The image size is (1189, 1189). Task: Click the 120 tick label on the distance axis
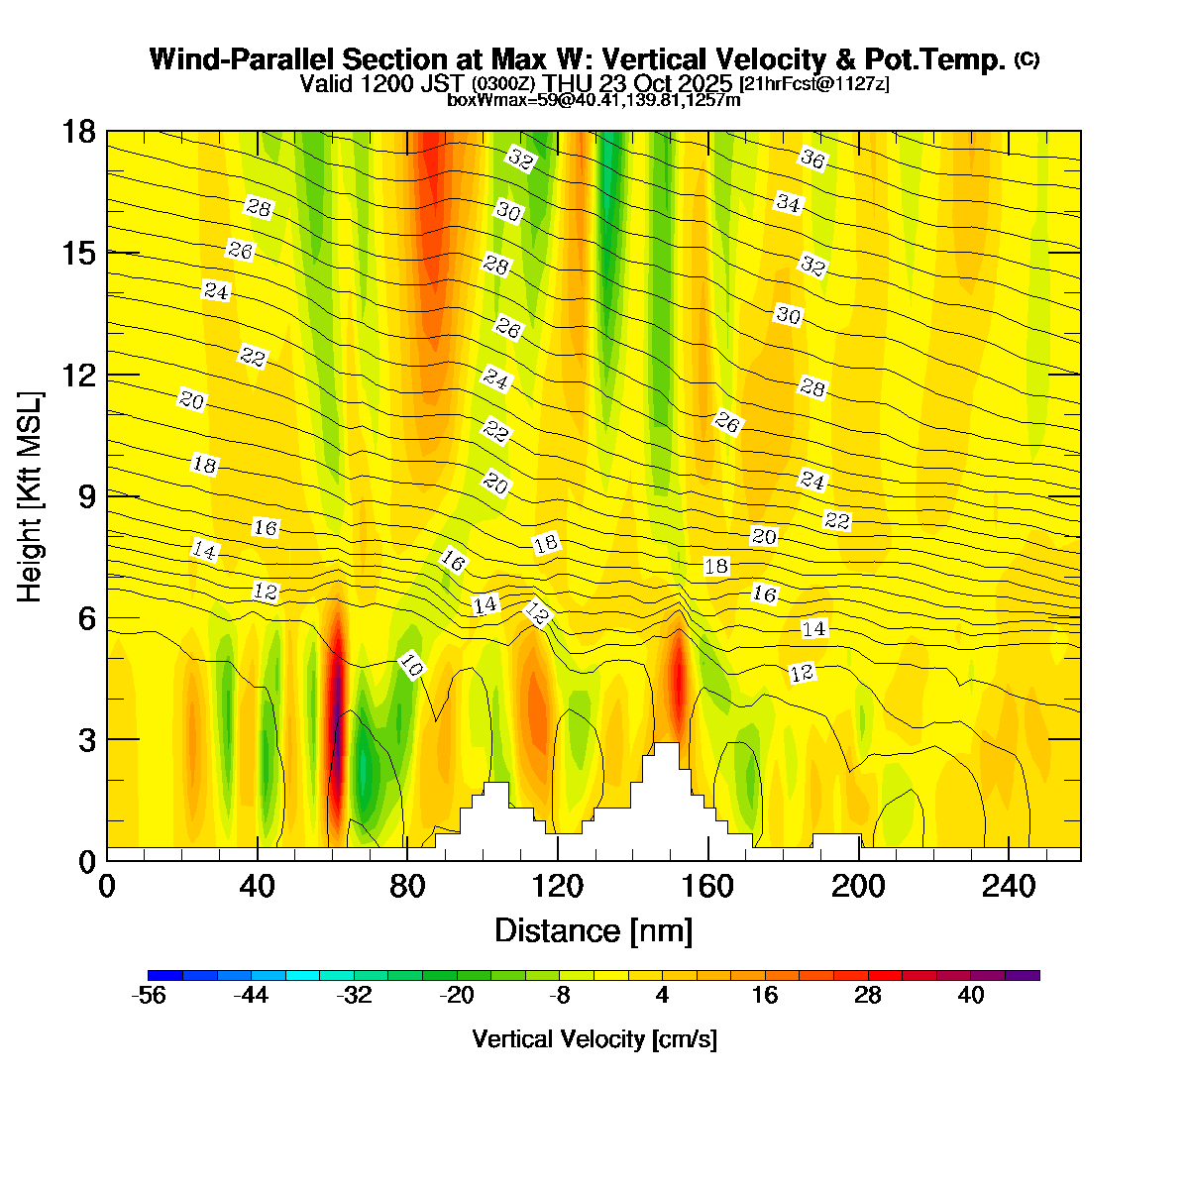(558, 886)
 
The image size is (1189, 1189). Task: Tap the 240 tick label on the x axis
(1009, 886)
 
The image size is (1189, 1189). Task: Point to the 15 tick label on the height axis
(80, 254)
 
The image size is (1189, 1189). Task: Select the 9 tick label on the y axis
(87, 496)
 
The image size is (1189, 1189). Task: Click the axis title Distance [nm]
(594, 931)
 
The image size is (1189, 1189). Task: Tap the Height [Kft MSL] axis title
(31, 497)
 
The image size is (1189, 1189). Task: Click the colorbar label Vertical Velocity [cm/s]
(594, 1039)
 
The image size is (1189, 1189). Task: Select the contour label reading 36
(812, 158)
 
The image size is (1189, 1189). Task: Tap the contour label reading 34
(789, 203)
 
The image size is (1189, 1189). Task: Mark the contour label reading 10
(411, 666)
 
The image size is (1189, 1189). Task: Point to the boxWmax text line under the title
(594, 100)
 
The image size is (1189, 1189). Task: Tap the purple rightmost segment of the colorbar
(1023, 975)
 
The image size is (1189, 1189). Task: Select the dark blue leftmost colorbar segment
(164, 975)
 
